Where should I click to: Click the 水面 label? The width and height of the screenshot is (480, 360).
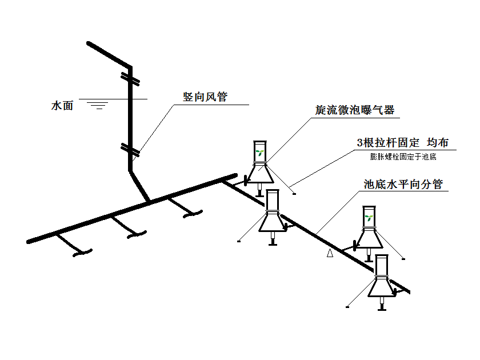62,106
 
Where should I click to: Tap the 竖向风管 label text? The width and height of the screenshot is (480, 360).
205,97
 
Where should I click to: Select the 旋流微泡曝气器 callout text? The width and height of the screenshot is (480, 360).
355,110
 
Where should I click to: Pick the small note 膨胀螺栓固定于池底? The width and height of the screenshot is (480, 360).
403,156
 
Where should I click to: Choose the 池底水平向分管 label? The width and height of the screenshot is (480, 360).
403,185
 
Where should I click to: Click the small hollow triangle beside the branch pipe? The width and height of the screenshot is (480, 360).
330,253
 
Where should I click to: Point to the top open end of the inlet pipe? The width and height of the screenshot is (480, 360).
89,43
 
